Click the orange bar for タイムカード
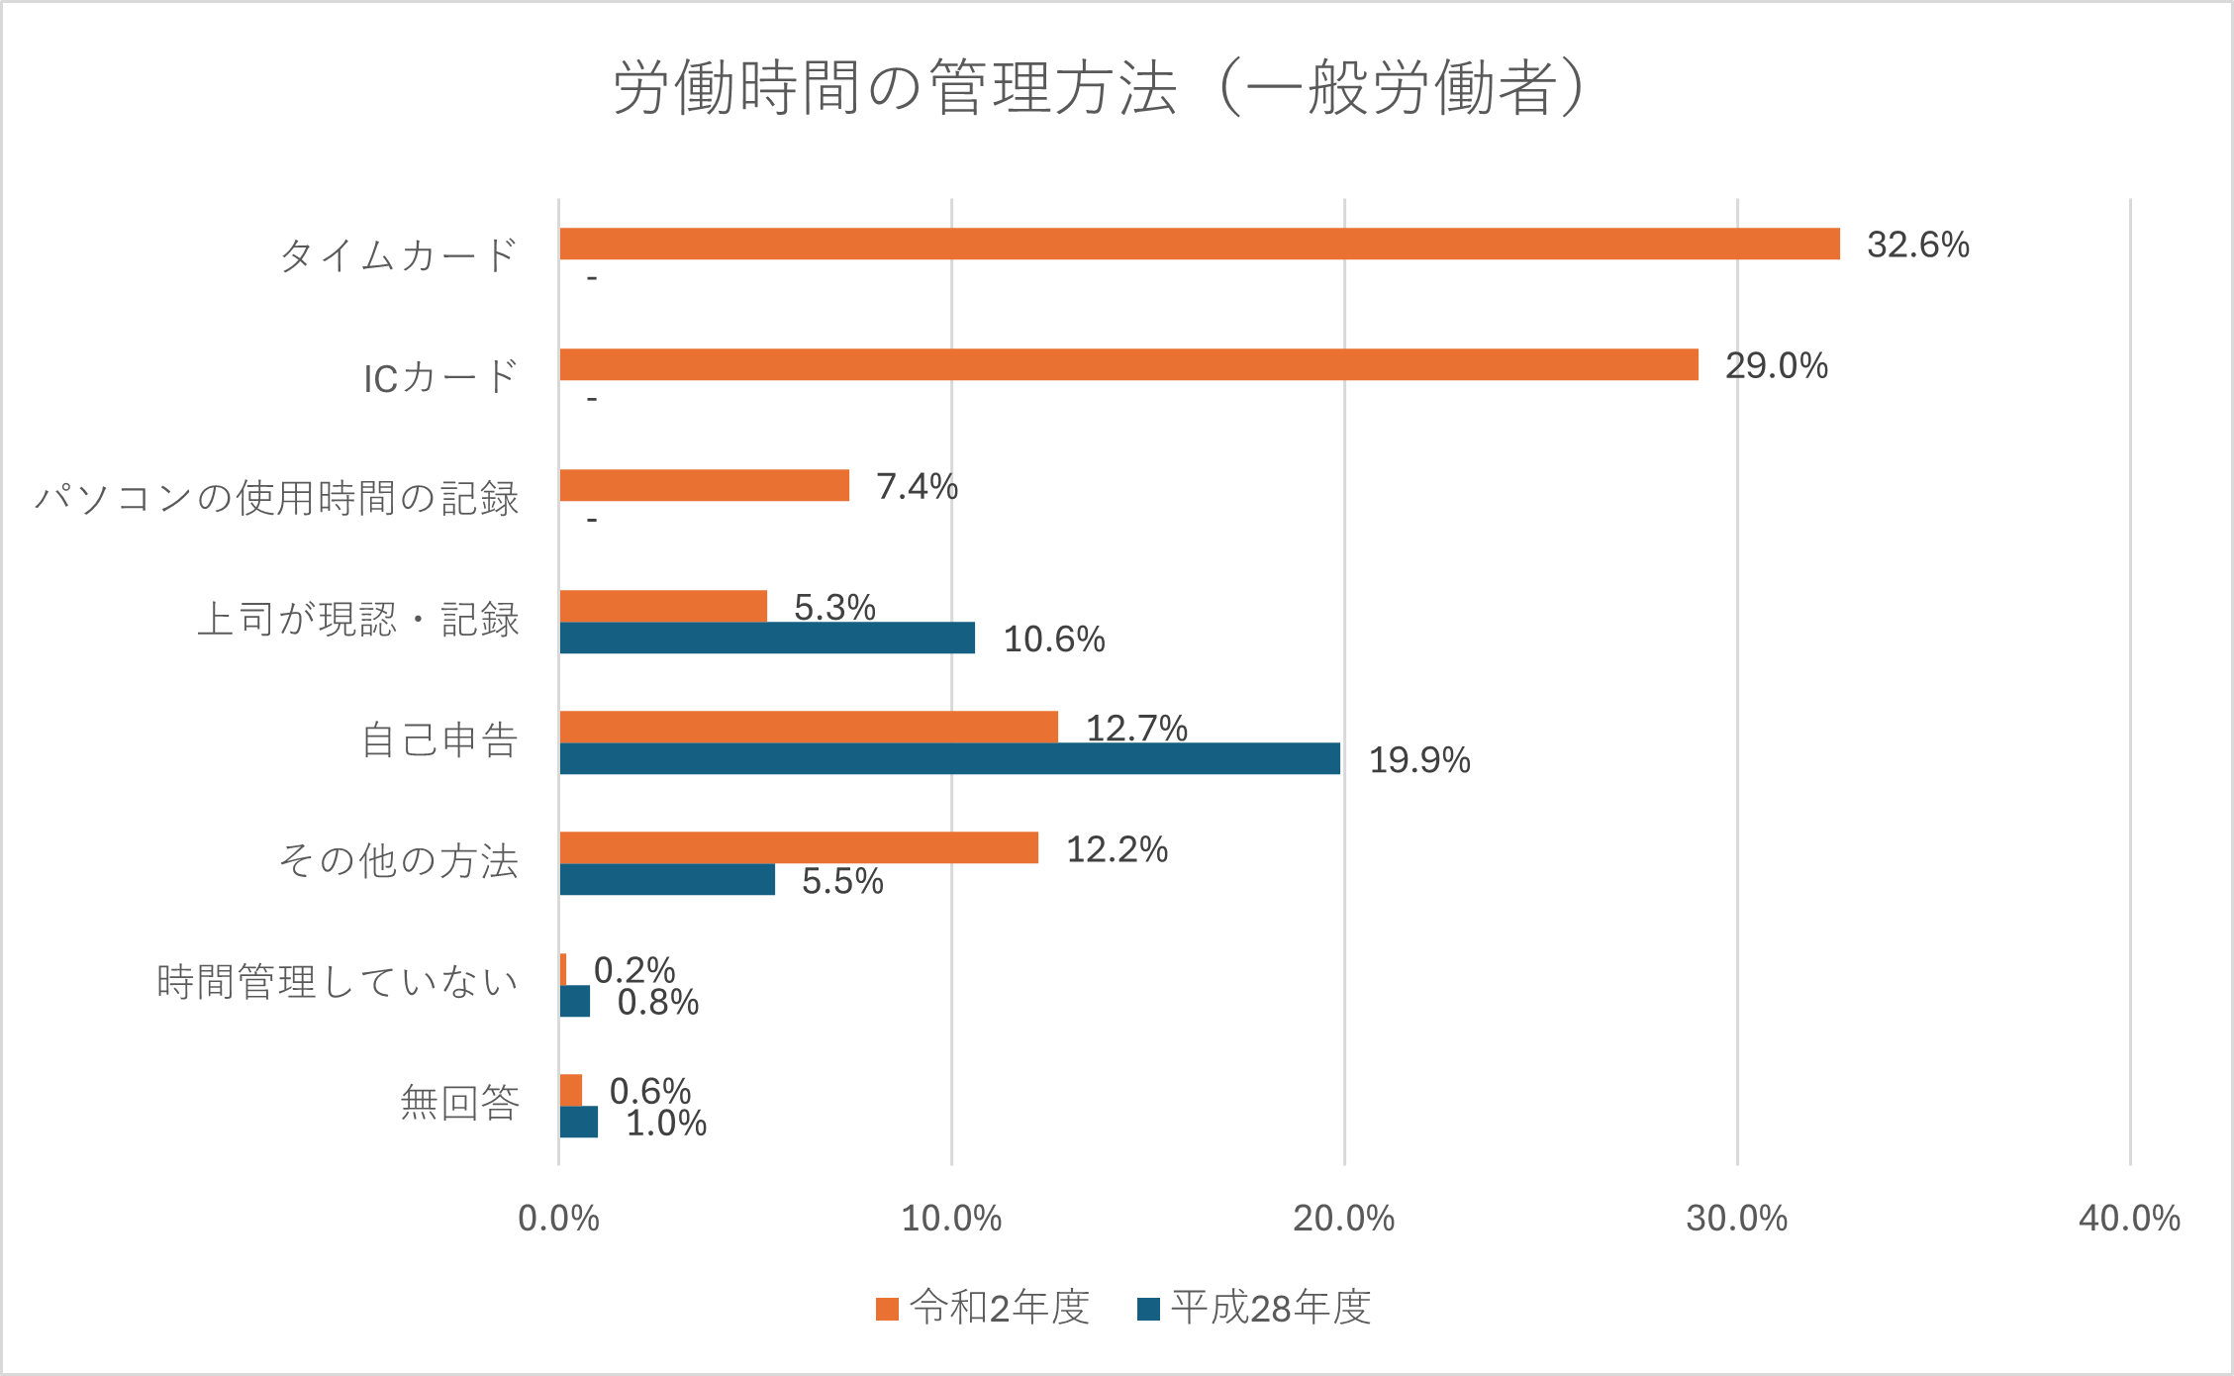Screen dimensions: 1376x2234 (1199, 244)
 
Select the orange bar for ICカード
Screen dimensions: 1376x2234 (1128, 364)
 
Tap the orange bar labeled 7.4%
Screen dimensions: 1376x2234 (704, 485)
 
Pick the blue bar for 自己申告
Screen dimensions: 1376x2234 (949, 758)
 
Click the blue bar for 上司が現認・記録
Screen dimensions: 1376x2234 (767, 638)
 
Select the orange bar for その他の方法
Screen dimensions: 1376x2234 (799, 847)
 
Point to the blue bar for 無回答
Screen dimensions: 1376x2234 (579, 1122)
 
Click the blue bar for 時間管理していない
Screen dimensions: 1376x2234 (575, 1001)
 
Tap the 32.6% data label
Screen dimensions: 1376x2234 (1917, 245)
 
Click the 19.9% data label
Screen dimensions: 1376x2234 (1418, 760)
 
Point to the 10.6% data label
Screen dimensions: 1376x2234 (1053, 639)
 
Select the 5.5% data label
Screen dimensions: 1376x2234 (842, 881)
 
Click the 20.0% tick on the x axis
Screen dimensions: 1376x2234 (1343, 1219)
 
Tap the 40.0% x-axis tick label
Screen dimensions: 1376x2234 (2129, 1219)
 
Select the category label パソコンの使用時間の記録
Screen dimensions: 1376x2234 (277, 498)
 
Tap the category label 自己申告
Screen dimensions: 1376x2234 (439, 740)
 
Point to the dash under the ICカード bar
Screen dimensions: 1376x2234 (592, 399)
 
